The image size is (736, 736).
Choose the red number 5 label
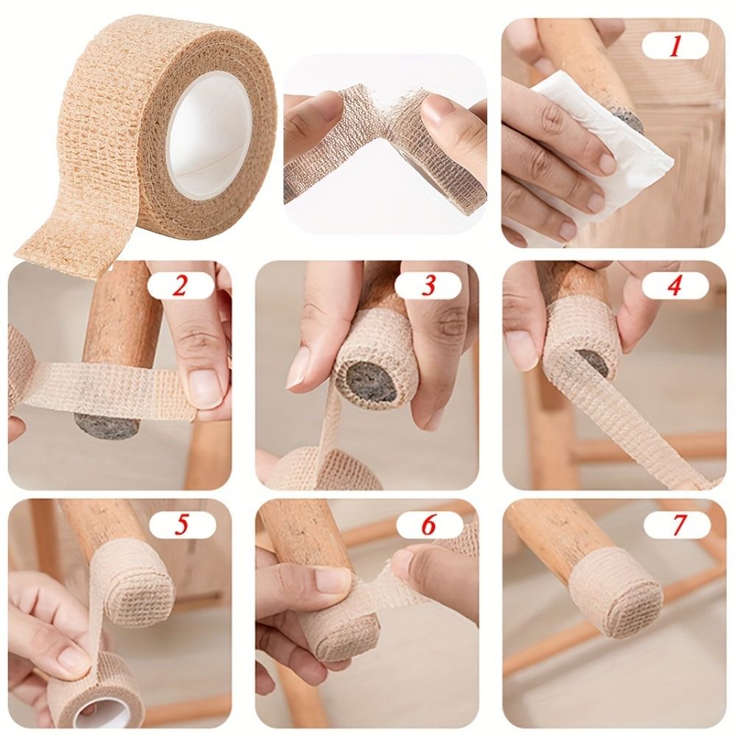(181, 524)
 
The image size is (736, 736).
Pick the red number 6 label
(429, 524)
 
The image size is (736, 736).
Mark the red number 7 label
(677, 524)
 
